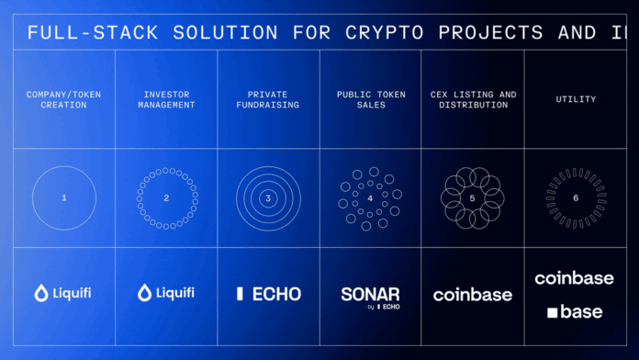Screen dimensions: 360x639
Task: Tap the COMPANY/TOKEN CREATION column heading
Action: [64, 99]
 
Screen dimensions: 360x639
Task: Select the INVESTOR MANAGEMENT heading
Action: [166, 99]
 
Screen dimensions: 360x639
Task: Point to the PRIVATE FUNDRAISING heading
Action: [268, 99]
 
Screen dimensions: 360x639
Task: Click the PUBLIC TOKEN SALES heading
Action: [370, 99]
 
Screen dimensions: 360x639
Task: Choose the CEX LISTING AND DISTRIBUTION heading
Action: [472, 99]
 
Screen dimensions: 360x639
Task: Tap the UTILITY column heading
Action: [575, 98]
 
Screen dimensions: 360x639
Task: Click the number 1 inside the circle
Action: [64, 197]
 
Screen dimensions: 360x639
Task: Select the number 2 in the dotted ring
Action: [166, 197]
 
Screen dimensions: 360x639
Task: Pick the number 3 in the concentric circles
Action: [268, 197]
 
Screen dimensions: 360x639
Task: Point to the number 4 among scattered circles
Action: [370, 197]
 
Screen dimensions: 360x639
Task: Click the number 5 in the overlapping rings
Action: [472, 197]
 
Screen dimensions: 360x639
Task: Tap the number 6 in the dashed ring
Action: [575, 197]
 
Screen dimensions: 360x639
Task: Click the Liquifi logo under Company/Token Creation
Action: [63, 294]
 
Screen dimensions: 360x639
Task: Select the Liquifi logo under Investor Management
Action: [166, 294]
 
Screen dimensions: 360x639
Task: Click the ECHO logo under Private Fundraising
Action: [268, 294]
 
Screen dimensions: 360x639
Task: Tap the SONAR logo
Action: [370, 295]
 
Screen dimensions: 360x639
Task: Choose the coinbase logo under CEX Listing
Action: [473, 295]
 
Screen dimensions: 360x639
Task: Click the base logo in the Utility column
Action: [575, 312]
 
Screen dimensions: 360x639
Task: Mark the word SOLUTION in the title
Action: [210, 32]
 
